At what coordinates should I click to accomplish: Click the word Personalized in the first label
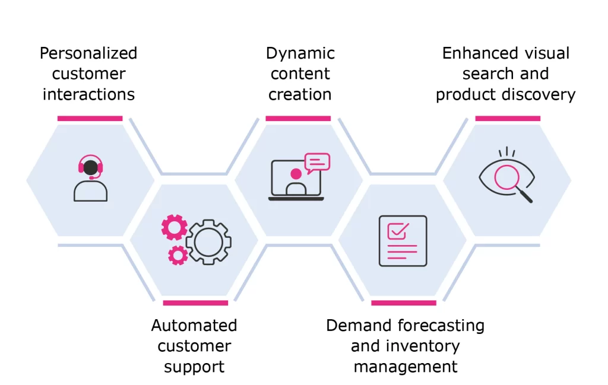click(x=88, y=53)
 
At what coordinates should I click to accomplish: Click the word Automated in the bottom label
click(x=194, y=326)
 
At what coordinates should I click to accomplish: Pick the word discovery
click(x=540, y=94)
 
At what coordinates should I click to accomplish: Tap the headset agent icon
click(x=90, y=178)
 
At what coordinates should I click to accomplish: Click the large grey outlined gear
click(x=208, y=242)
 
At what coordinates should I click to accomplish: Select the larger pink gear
click(x=175, y=227)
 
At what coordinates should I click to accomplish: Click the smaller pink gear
click(x=178, y=255)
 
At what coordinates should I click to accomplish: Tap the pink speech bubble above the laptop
click(x=316, y=163)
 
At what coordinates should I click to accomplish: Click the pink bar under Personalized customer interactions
click(x=90, y=119)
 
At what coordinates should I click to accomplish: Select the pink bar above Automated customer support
click(x=195, y=303)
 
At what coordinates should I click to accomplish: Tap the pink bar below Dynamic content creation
click(x=298, y=119)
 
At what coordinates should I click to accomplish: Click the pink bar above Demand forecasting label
click(x=404, y=303)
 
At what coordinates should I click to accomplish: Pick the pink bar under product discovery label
click(x=508, y=119)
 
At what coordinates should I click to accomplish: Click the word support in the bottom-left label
click(x=194, y=367)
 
